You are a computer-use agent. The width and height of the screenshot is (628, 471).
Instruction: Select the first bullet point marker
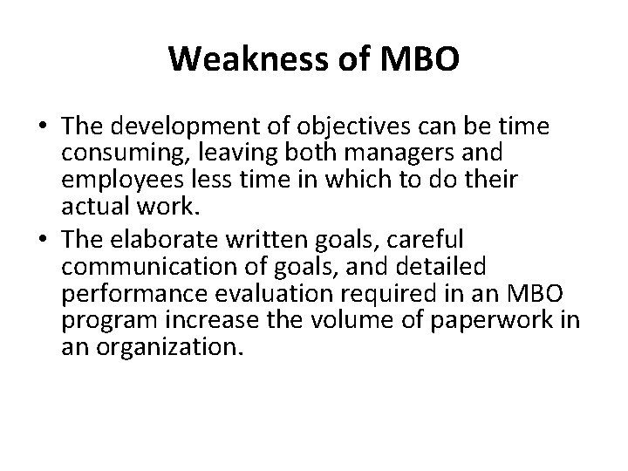44,127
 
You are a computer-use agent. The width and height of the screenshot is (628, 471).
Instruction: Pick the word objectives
308,127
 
